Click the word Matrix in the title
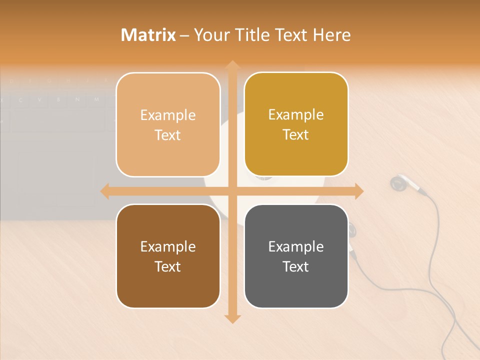coord(148,35)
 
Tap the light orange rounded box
coord(168,124)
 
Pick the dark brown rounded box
coord(168,256)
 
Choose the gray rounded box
coord(296,256)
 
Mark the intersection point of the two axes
coord(232,191)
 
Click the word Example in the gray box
coord(296,246)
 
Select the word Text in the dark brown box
coord(168,266)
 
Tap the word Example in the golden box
coord(296,114)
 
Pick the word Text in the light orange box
coord(168,135)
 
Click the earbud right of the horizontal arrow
coord(398,183)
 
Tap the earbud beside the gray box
coord(352,230)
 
